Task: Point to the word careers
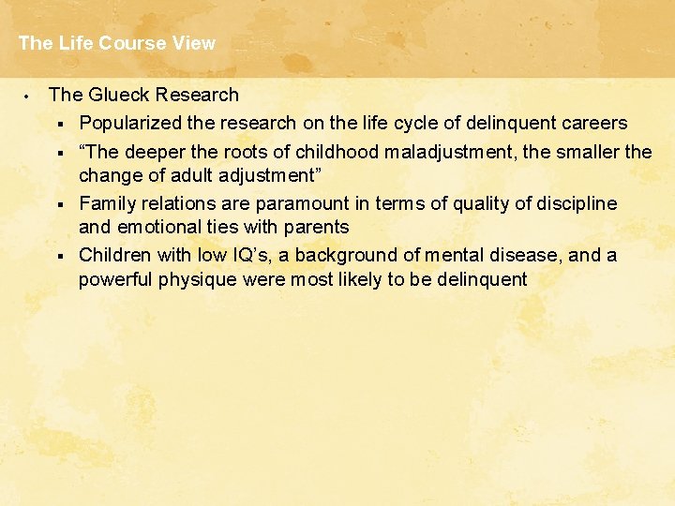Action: tap(593, 123)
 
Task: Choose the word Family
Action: tap(107, 203)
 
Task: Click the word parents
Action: tap(318, 227)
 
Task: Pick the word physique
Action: tap(191, 279)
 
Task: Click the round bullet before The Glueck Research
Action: tap(29, 96)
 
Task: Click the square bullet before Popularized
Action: tap(59, 124)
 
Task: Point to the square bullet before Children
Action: tap(59, 256)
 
